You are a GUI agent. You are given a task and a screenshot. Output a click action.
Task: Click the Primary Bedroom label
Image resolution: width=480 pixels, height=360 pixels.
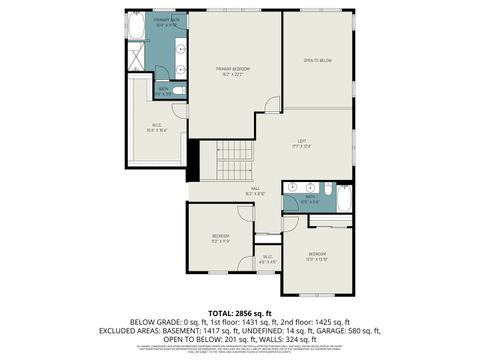click(233, 70)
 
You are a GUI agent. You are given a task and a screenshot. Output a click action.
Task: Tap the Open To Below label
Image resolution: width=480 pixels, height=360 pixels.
click(317, 61)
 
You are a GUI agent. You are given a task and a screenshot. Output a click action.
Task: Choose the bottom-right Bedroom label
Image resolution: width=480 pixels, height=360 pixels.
click(317, 257)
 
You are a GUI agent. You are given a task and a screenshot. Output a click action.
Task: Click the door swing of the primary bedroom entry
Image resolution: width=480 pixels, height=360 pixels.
click(272, 104)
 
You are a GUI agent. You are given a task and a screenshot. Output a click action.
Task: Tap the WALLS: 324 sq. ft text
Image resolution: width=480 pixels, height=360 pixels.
click(285, 338)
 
